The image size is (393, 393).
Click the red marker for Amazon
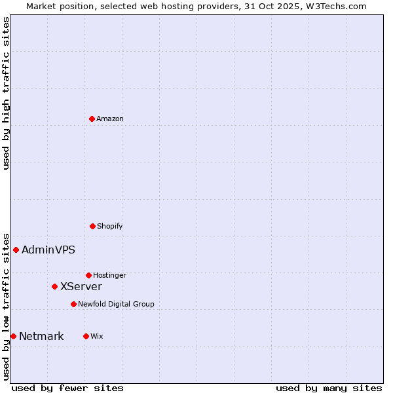click(92, 119)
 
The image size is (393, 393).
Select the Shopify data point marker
click(92, 226)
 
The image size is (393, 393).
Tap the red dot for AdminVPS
click(16, 250)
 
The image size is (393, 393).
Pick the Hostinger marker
click(88, 275)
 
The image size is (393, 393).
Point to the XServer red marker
click(54, 286)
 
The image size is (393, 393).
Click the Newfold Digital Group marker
click(73, 304)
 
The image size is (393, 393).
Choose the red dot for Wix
click(86, 336)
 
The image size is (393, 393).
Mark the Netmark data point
click(13, 336)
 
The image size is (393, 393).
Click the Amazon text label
click(110, 119)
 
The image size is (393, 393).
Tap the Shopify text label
click(110, 226)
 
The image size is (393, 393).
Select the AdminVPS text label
click(48, 250)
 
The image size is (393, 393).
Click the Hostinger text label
click(109, 275)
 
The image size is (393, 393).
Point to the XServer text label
click(81, 286)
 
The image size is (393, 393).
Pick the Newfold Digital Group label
click(116, 304)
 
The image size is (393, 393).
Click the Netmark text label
click(41, 336)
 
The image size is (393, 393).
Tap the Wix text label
click(97, 336)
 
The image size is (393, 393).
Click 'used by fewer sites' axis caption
click(67, 388)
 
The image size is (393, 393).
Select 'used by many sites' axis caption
click(329, 388)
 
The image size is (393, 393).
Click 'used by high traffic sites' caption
click(6, 93)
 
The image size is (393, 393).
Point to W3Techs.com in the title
click(334, 6)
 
